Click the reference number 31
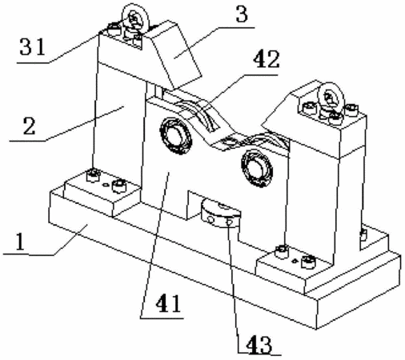33,46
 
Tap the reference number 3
242,14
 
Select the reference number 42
267,59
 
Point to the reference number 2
29,126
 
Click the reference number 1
20,242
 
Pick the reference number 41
169,304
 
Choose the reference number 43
259,345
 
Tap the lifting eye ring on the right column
331,97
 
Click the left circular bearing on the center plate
175,136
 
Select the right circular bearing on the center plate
257,167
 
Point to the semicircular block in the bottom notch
221,214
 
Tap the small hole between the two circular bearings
230,141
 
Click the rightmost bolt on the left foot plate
119,186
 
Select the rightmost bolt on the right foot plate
308,262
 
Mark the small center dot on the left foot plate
106,184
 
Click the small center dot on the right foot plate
295,261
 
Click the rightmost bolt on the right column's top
351,110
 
